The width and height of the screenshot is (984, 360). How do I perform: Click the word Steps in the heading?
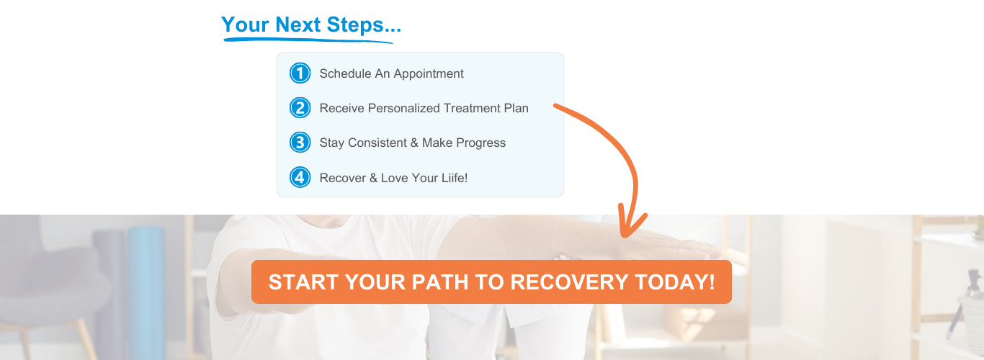[355, 25]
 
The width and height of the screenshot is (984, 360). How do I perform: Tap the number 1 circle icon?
[300, 73]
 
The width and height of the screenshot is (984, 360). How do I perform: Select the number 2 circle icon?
[300, 108]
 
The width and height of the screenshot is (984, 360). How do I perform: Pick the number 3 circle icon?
[300, 143]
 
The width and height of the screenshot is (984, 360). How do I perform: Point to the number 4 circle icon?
[300, 177]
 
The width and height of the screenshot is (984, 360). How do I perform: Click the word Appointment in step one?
[429, 74]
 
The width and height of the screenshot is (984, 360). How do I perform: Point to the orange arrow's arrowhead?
[631, 222]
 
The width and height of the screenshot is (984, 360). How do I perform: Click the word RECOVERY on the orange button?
[569, 282]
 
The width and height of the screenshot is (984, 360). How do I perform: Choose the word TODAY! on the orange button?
[675, 282]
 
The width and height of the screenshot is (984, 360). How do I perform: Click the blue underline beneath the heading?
[308, 40]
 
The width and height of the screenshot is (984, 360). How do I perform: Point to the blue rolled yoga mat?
[146, 289]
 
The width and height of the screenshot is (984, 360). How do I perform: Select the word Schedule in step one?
[345, 73]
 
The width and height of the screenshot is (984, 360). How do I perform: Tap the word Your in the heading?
[245, 24]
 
